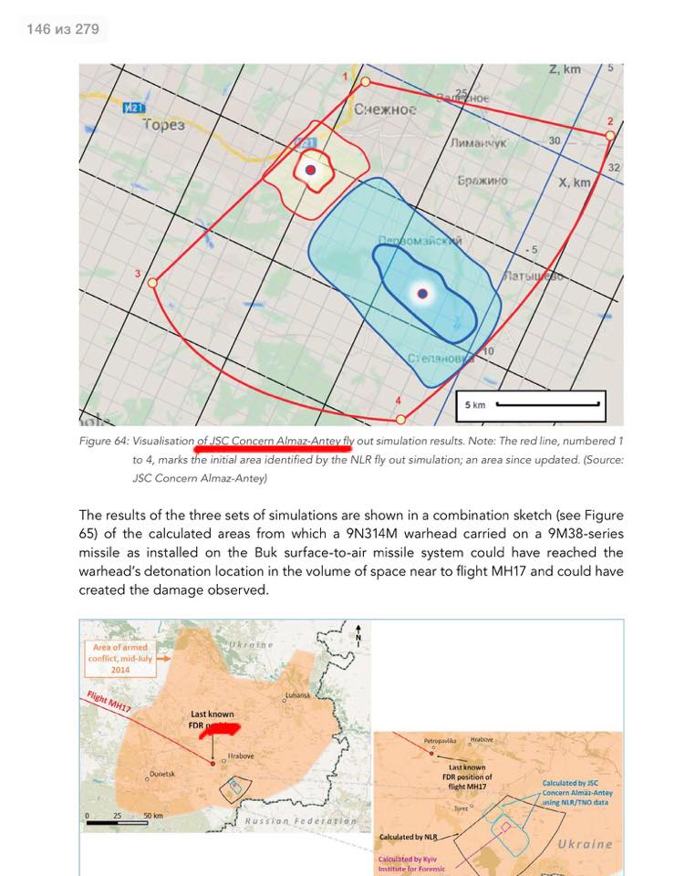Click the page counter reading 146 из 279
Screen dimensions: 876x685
point(63,29)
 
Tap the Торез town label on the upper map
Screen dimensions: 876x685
point(164,125)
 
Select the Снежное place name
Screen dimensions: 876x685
point(385,109)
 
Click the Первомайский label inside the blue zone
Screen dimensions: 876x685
point(420,242)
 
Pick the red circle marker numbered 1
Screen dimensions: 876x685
point(365,82)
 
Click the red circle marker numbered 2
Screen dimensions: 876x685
point(610,135)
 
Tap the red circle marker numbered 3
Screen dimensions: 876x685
point(152,283)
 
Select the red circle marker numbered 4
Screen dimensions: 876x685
point(400,419)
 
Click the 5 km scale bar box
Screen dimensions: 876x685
point(530,403)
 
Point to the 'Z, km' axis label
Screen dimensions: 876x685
point(565,70)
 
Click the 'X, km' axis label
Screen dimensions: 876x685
point(575,182)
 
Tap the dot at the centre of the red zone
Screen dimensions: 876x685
point(310,170)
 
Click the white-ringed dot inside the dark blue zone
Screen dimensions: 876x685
point(421,293)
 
